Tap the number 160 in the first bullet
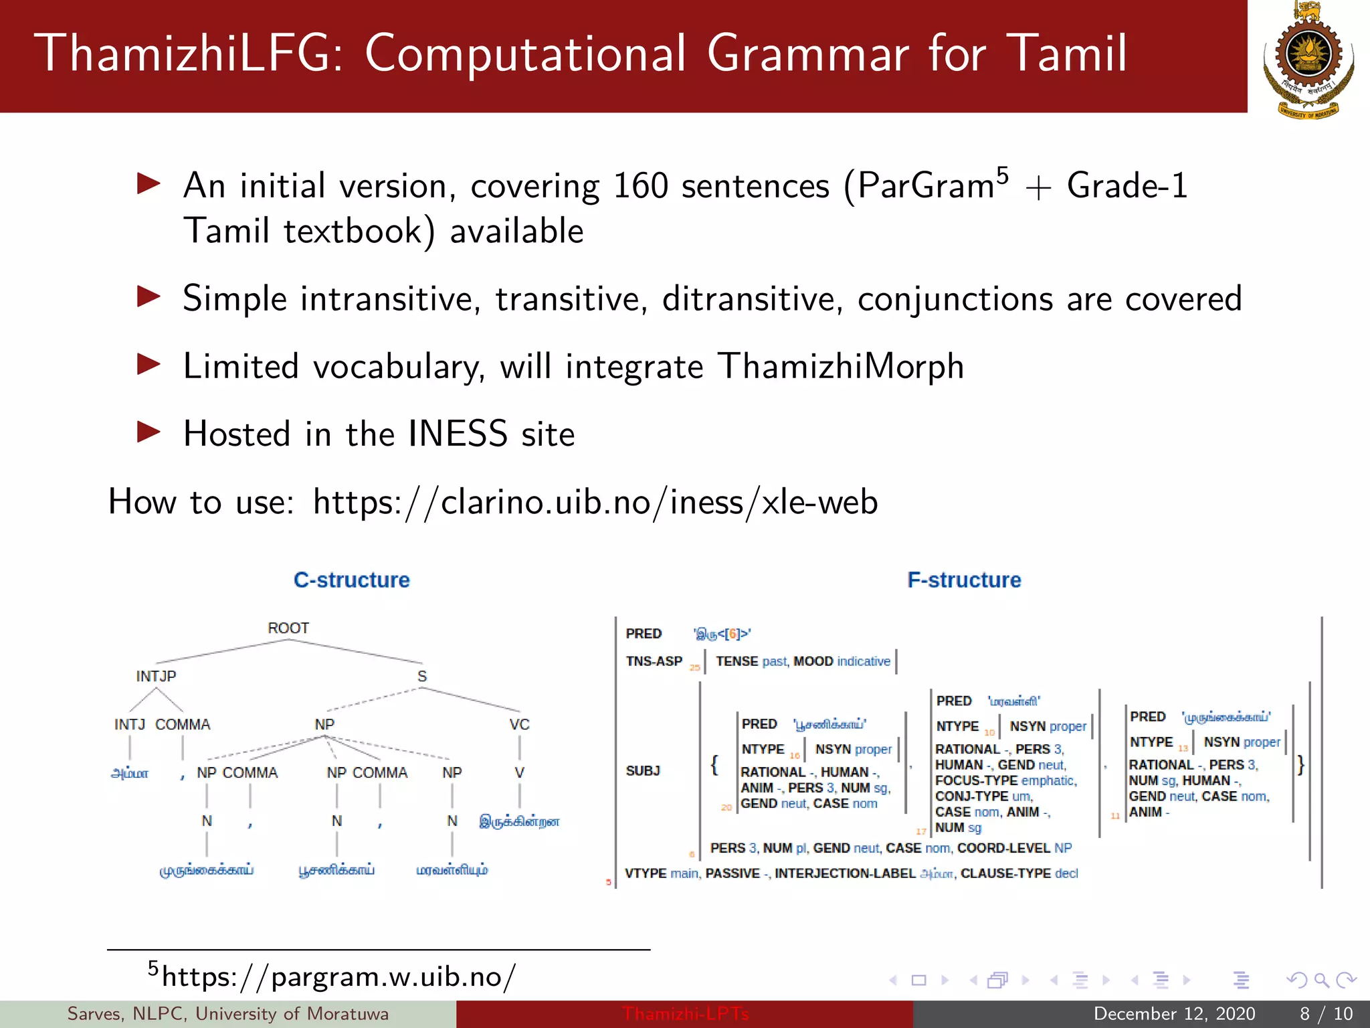640,186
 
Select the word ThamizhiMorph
840,367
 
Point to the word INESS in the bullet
458,434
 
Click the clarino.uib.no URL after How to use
595,502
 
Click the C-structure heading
351,580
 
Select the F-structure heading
964,580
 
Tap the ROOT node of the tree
288,628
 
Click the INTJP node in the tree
156,676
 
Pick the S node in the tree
421,676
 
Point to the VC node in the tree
519,724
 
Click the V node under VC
519,772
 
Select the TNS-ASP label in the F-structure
654,661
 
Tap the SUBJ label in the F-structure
643,770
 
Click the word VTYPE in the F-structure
645,873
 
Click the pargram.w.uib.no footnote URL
338,977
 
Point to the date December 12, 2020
1174,1014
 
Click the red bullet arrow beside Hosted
149,432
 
